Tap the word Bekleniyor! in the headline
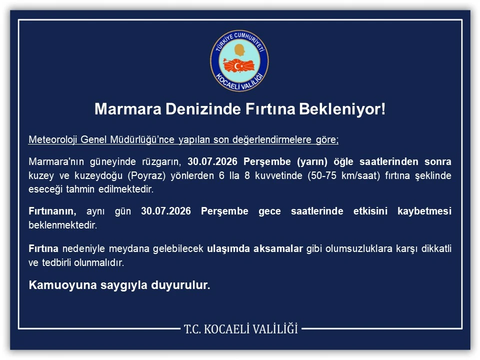tap(342, 109)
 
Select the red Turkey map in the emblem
tap(239, 65)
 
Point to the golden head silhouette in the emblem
tap(240, 50)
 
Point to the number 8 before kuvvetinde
tap(247, 175)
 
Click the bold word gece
tap(269, 211)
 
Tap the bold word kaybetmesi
tap(424, 211)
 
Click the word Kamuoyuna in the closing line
tap(62, 285)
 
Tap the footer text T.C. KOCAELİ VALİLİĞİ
tap(241, 329)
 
